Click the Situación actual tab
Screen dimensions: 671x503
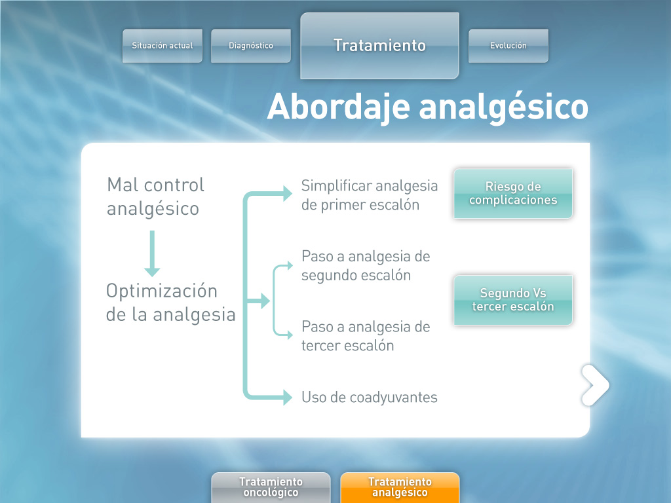[163, 46]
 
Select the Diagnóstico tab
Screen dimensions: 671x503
[251, 46]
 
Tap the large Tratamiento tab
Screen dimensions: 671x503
[379, 46]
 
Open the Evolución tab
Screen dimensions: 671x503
[508, 46]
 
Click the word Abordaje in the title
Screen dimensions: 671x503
[339, 107]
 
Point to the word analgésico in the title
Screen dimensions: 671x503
[504, 108]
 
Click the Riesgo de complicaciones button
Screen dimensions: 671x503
[513, 193]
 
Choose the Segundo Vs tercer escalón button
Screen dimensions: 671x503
[513, 300]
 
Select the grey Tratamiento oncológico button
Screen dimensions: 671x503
[271, 487]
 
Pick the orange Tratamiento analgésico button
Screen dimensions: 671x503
[400, 487]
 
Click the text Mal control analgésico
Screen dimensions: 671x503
[156, 197]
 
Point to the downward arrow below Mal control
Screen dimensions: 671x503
[152, 253]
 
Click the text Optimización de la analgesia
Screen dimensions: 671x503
[171, 303]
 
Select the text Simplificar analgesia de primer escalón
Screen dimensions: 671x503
[370, 195]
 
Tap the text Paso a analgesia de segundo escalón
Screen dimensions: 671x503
[366, 266]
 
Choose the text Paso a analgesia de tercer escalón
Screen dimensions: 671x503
[366, 336]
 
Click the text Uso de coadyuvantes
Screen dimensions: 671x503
[370, 398]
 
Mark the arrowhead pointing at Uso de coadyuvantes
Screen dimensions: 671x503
[288, 397]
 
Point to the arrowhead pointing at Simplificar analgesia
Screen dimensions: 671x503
[288, 193]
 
